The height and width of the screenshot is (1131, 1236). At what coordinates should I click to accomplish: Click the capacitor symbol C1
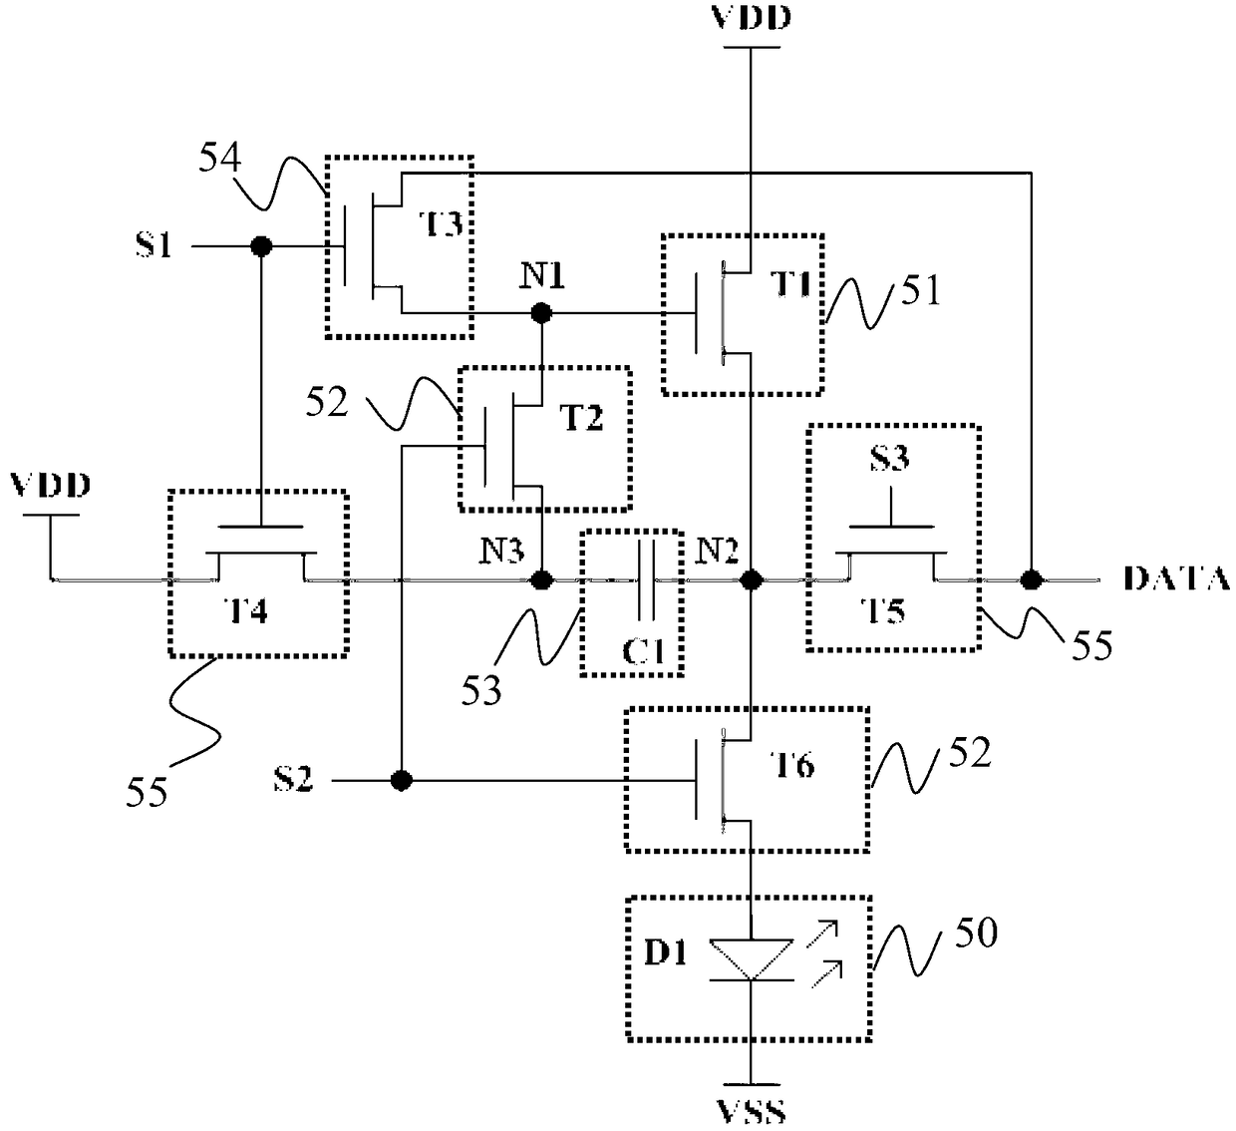[646, 579]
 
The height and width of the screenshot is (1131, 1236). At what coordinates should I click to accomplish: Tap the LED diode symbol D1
[752, 959]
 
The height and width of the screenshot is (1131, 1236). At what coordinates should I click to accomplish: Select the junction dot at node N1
[541, 313]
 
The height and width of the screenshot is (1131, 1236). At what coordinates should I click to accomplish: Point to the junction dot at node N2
[751, 579]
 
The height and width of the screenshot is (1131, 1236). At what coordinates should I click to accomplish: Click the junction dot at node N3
[541, 579]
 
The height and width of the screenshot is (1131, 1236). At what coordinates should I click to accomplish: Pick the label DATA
[1176, 579]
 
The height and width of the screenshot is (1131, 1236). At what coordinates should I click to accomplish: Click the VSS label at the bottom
[751, 1113]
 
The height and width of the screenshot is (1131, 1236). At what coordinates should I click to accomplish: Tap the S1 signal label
[154, 245]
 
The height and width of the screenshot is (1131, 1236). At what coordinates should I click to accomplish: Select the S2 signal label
[293, 780]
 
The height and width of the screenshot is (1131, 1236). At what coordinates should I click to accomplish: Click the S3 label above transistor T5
[889, 458]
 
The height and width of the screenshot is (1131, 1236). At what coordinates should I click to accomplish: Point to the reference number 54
[220, 158]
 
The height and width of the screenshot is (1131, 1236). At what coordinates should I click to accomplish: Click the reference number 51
[921, 290]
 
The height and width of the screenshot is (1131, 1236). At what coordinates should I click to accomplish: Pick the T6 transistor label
[792, 765]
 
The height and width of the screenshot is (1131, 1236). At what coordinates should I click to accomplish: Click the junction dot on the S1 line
[261, 246]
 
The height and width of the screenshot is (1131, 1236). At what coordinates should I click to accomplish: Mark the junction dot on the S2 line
[401, 781]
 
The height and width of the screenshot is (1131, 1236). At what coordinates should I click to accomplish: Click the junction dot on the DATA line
[1032, 579]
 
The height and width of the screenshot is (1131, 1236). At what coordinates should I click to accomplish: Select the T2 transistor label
[581, 418]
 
